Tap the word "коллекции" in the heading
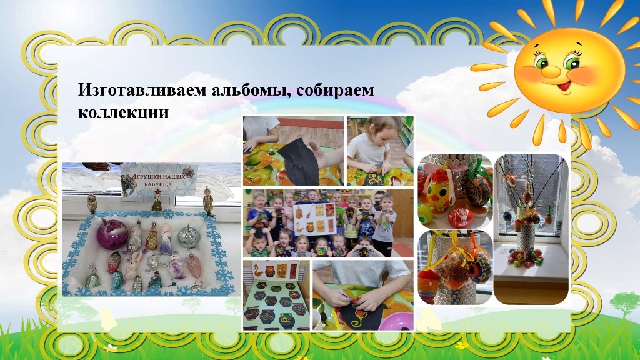pos(123,112)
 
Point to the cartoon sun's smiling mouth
pos(566,86)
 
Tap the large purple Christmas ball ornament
pos(112,234)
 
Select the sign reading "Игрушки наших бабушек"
pos(159,180)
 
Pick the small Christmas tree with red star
pos(157,201)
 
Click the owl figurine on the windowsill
pos(92,203)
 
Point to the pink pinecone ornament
pos(194,264)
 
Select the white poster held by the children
pos(315,219)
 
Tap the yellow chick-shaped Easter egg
pos(439,191)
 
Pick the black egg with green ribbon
pos(479,189)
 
